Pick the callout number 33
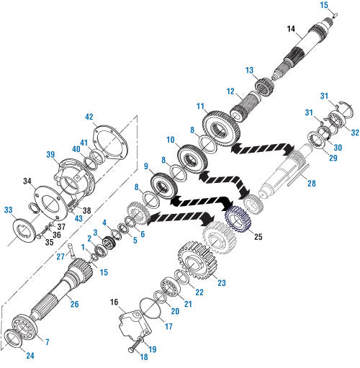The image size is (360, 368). point(8,210)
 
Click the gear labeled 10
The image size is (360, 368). point(189,158)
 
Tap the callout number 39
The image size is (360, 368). point(50,156)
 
